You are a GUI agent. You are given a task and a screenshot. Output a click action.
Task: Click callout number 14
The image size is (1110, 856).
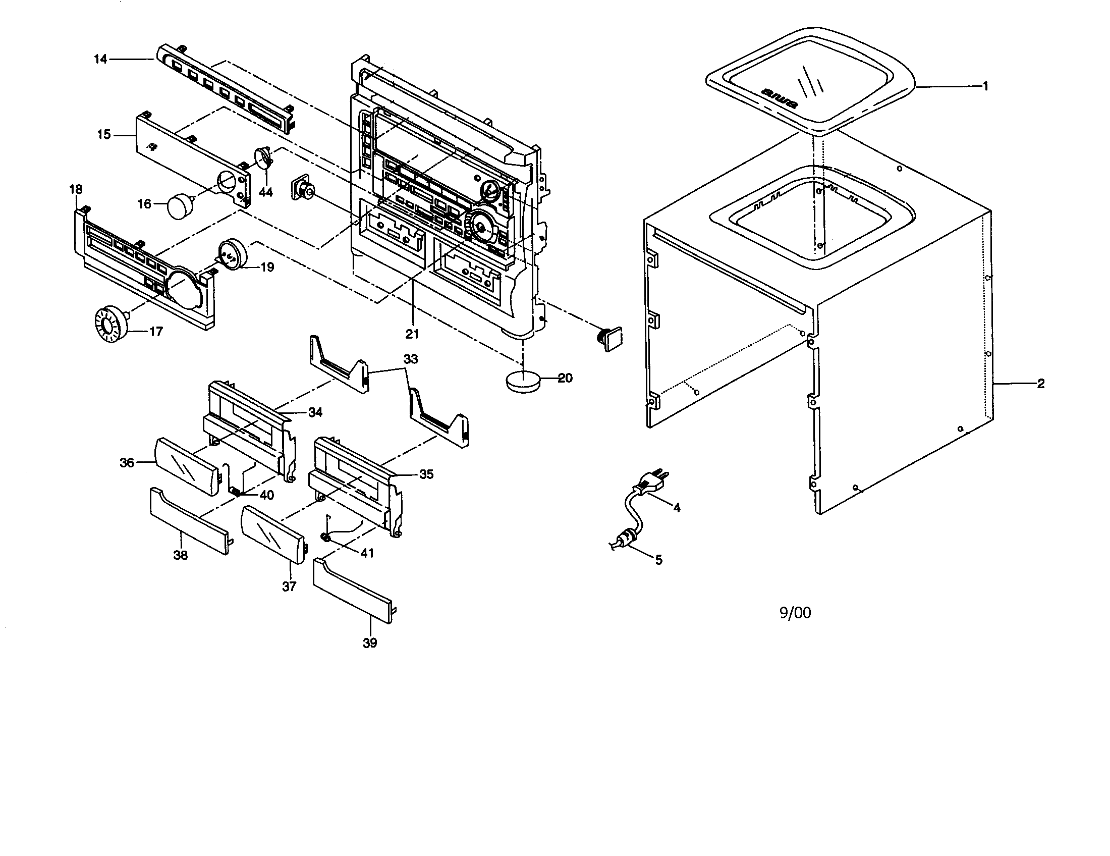tap(100, 60)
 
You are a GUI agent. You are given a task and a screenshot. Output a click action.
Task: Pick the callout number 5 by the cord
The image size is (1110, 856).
tap(658, 560)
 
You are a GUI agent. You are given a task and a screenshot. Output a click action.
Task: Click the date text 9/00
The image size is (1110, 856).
tap(795, 613)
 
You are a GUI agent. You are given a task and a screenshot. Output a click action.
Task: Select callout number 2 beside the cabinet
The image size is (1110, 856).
tap(1040, 384)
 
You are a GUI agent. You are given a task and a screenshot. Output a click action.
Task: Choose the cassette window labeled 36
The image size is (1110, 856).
tap(186, 466)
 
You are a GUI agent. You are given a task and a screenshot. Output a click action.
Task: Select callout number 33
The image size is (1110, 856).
tap(411, 359)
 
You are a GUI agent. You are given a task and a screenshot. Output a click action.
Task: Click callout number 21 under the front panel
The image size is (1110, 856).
tap(412, 334)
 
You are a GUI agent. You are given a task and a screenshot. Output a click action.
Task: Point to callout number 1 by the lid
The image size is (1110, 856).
tap(985, 86)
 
